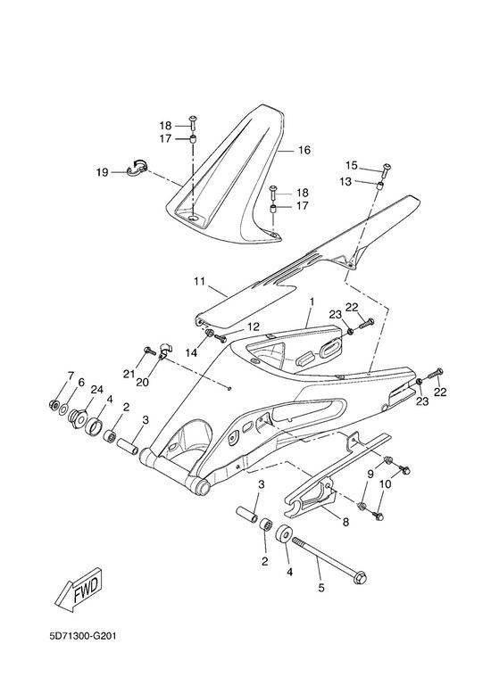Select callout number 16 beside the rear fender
click(x=304, y=150)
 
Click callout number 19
click(x=102, y=172)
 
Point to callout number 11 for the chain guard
click(x=199, y=281)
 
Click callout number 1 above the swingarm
click(x=312, y=302)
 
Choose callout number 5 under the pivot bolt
click(x=321, y=588)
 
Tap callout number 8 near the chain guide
click(x=345, y=522)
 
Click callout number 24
click(x=96, y=390)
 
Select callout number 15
click(x=352, y=166)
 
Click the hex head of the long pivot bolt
click(x=360, y=577)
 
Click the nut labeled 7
click(x=54, y=404)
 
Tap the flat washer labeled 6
click(x=62, y=407)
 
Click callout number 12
click(x=253, y=327)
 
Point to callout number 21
click(x=129, y=374)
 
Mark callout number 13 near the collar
click(x=345, y=181)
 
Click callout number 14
click(x=191, y=352)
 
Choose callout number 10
click(x=386, y=484)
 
